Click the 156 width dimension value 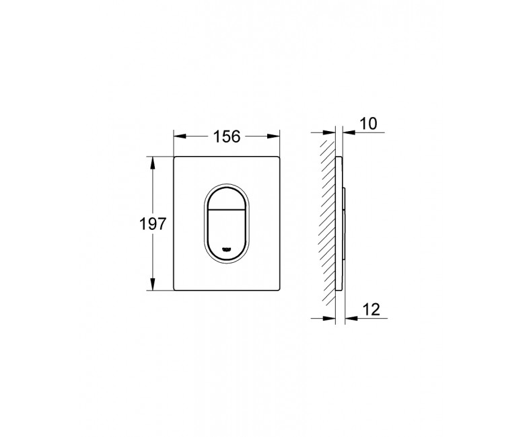[227, 136]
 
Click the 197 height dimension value [152, 224]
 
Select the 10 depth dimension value [368, 124]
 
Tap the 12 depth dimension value [372, 309]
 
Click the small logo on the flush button [227, 249]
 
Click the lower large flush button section [227, 234]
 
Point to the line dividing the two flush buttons [227, 210]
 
